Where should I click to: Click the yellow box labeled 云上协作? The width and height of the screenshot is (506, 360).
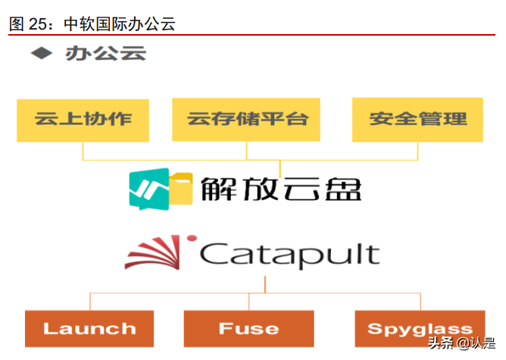tap(83, 119)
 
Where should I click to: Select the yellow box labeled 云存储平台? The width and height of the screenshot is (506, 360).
tap(248, 119)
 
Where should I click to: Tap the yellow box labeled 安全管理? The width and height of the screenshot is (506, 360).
tap(417, 119)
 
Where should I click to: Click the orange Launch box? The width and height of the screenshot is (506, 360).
tap(89, 328)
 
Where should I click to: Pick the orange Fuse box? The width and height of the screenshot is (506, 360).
tap(248, 328)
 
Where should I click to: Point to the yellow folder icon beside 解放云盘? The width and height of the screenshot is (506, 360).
tap(180, 189)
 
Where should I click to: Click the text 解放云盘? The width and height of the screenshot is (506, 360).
tap(281, 188)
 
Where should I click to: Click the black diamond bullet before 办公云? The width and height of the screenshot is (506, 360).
tap(42, 53)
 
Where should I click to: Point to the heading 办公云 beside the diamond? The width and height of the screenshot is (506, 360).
tap(105, 53)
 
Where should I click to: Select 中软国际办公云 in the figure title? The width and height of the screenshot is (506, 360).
tap(120, 23)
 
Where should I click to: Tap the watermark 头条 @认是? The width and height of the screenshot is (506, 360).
tap(462, 344)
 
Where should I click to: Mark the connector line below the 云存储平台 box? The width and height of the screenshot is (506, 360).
tap(247, 150)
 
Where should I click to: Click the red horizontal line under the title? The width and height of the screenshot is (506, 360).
tap(252, 35)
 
